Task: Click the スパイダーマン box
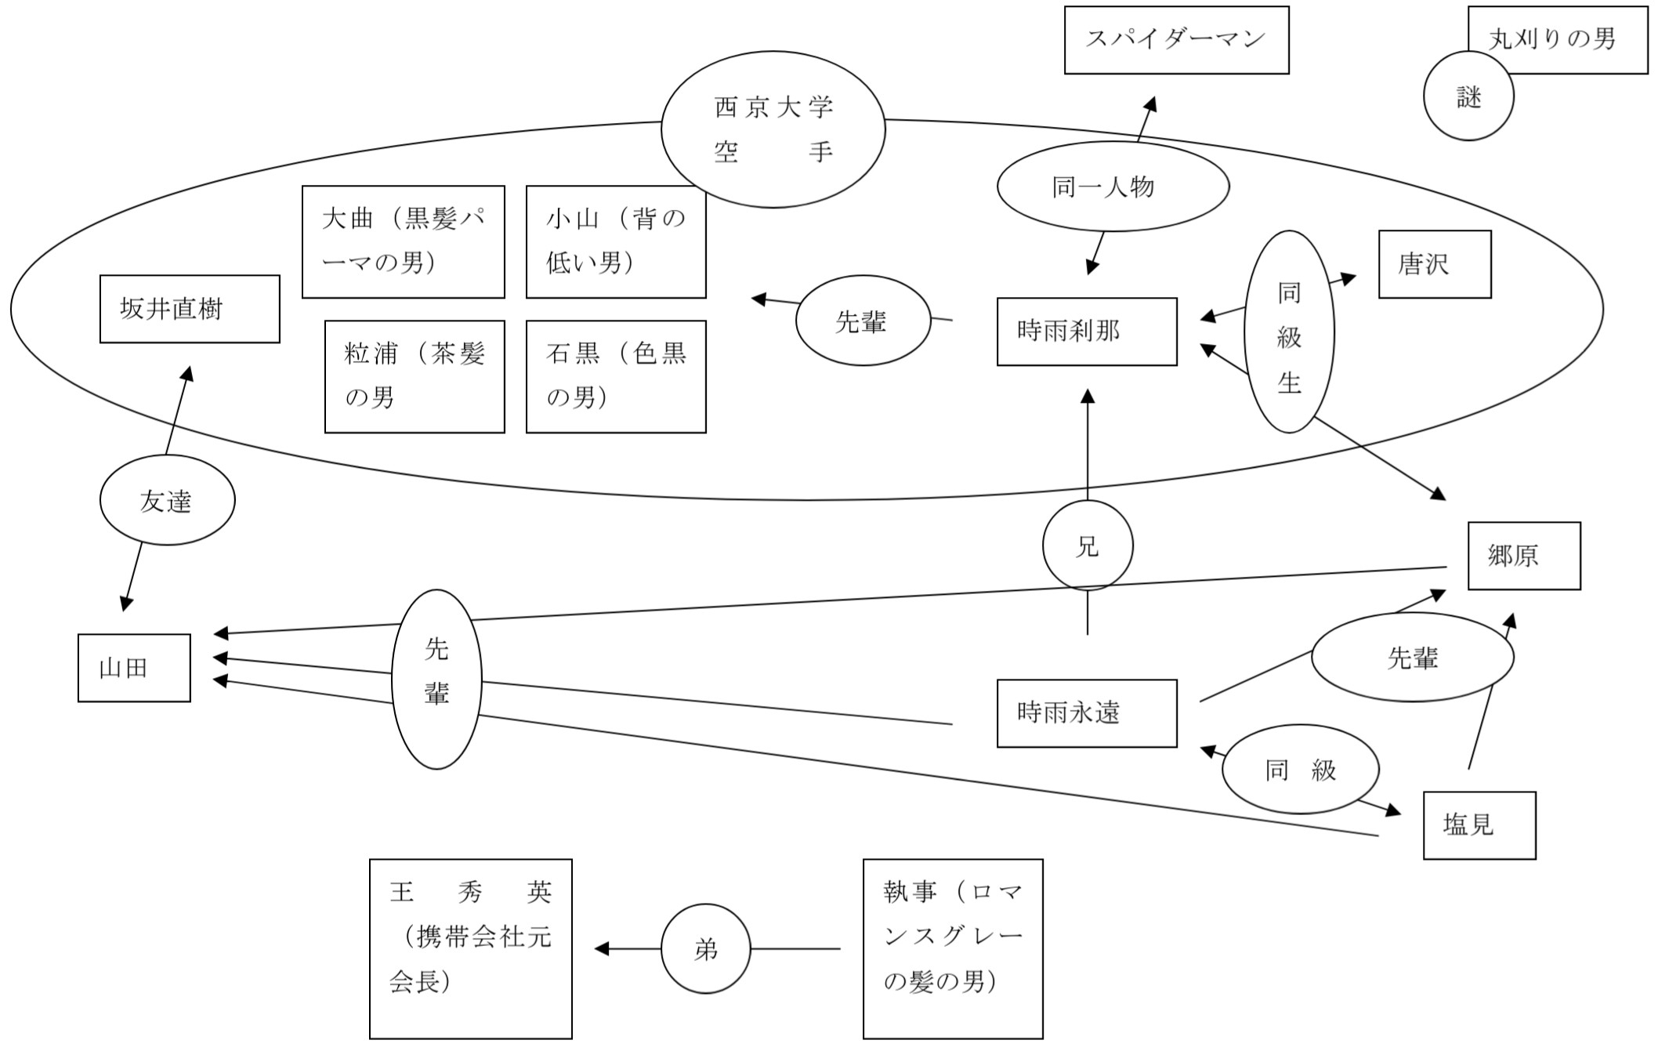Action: (x=1176, y=40)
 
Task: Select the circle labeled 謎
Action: (x=1468, y=96)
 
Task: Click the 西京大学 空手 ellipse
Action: (x=773, y=129)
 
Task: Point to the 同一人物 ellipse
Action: (x=1113, y=187)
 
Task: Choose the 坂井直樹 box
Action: (x=190, y=309)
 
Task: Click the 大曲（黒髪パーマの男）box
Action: (x=403, y=241)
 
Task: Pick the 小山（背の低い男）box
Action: (x=616, y=241)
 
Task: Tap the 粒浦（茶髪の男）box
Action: (x=414, y=376)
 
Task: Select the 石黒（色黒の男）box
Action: (x=616, y=376)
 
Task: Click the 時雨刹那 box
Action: (x=1087, y=332)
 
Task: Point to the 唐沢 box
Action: (x=1434, y=264)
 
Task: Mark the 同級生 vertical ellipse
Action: (x=1289, y=332)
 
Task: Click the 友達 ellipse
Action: (x=167, y=500)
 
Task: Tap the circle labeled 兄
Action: (x=1088, y=545)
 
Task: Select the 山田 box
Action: (x=134, y=668)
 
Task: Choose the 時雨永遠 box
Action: (x=1087, y=713)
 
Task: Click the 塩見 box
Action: (x=1479, y=825)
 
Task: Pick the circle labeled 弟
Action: (x=705, y=949)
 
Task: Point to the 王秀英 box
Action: (x=470, y=948)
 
